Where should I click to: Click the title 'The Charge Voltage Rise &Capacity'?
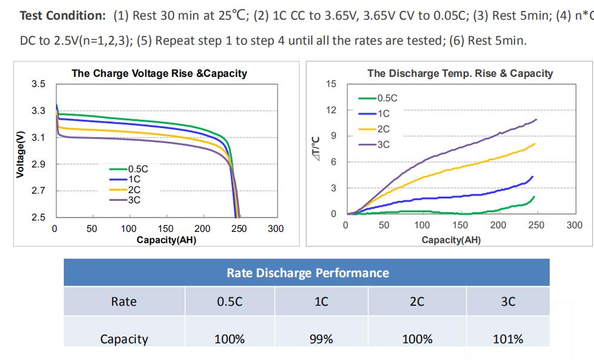(x=159, y=73)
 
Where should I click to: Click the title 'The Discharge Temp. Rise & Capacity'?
(x=460, y=73)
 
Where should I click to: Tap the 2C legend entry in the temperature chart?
(x=383, y=129)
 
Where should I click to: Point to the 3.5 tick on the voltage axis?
(x=38, y=83)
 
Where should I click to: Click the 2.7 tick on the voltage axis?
(x=38, y=191)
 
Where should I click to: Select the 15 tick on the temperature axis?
(x=331, y=84)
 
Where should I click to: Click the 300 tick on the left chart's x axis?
(x=276, y=229)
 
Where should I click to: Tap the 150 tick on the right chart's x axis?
(x=460, y=225)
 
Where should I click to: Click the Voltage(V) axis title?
(x=20, y=153)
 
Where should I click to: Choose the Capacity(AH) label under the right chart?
(x=451, y=240)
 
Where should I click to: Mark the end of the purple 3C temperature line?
(x=536, y=120)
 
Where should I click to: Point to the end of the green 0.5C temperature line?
(x=534, y=197)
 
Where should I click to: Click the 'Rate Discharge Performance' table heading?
(x=307, y=273)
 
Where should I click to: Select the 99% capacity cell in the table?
(x=321, y=339)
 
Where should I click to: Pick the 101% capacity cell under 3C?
(x=508, y=339)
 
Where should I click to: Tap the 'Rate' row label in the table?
(x=124, y=302)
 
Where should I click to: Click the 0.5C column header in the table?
(x=230, y=302)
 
